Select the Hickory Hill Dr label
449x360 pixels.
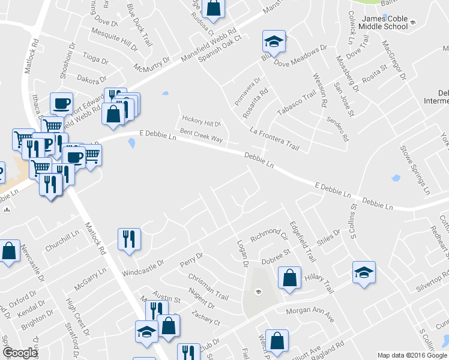(201, 123)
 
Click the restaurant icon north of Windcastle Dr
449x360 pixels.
(130, 239)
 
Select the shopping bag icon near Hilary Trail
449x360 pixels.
(289, 278)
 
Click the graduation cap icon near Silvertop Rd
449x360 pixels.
(364, 272)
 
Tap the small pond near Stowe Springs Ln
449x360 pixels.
(395, 178)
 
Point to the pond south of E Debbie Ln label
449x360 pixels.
(131, 143)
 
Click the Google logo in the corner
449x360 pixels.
(20, 353)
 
